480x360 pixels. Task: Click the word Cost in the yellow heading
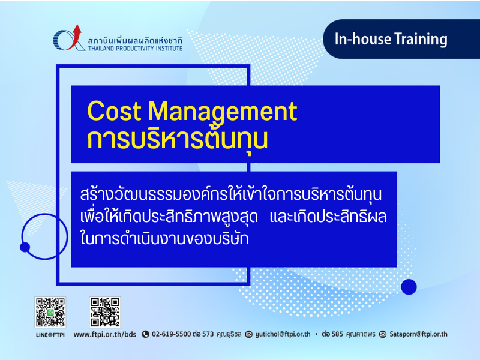click(114, 111)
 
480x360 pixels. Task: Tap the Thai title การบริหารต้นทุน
click(177, 139)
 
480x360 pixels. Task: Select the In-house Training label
click(391, 39)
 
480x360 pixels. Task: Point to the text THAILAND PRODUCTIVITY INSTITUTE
click(135, 49)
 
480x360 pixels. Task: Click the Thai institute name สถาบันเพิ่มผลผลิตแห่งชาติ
click(135, 40)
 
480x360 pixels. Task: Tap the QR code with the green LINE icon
click(50, 313)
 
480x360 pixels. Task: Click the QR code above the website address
click(105, 313)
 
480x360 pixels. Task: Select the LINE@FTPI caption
click(50, 335)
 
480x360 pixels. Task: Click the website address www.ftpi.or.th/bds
click(104, 334)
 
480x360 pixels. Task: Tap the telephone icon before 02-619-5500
click(145, 334)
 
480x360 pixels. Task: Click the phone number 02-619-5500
click(172, 334)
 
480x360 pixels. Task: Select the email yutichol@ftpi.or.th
click(283, 334)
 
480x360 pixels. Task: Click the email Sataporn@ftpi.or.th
click(418, 334)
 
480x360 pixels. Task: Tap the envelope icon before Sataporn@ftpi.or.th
click(383, 334)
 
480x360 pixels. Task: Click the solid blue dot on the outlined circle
click(25, 247)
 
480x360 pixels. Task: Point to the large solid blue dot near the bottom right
click(409, 287)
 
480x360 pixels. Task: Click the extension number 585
click(337, 334)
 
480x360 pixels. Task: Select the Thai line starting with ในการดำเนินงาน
click(164, 238)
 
